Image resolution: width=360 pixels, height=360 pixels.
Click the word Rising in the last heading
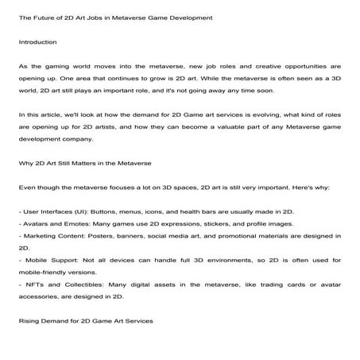point(29,320)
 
